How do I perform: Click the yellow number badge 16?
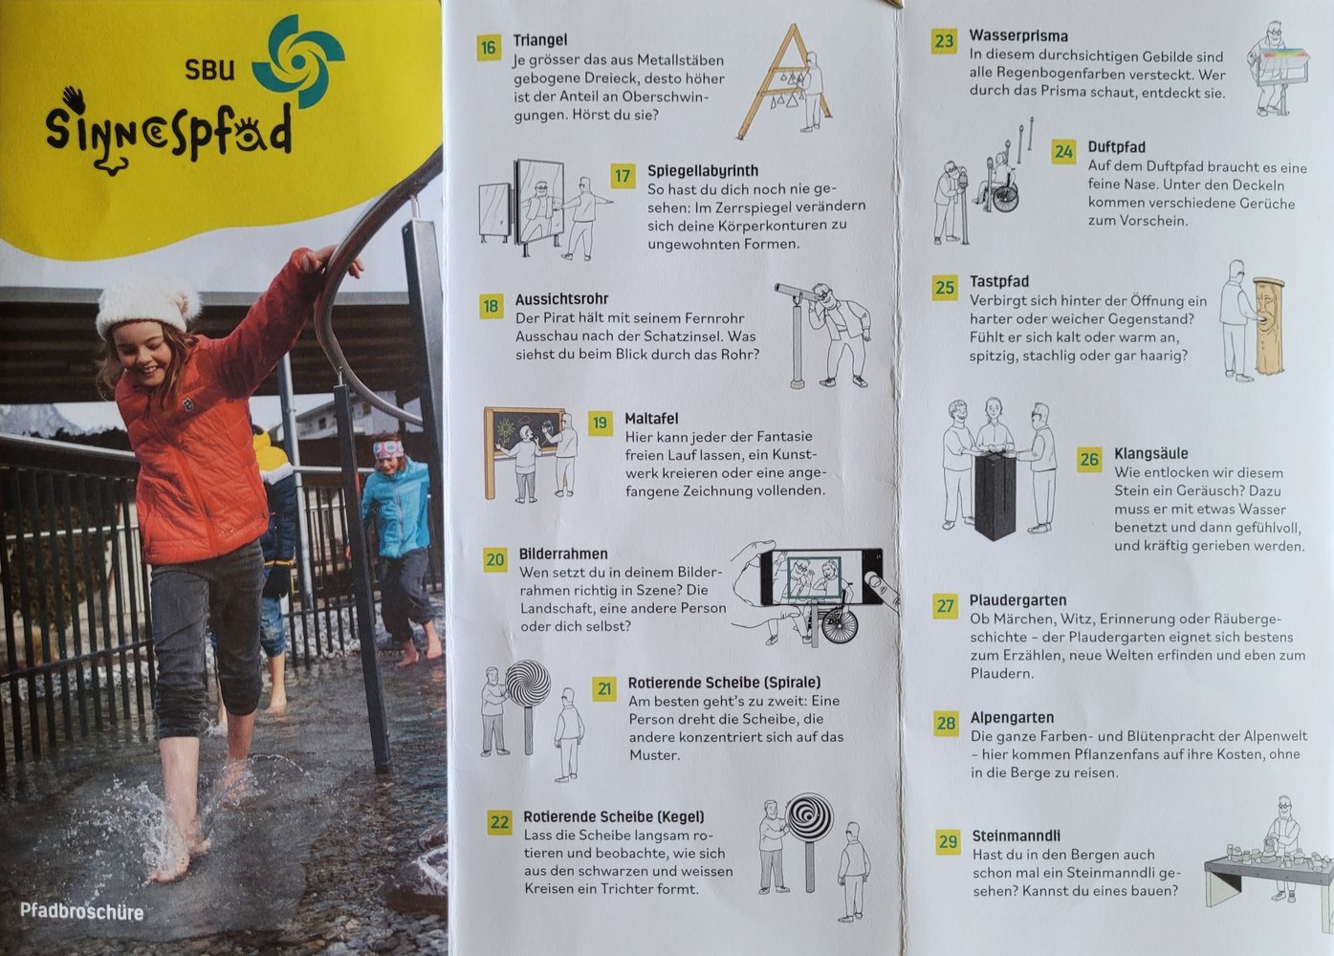point(489,48)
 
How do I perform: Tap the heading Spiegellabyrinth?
point(703,171)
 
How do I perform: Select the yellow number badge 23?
point(944,41)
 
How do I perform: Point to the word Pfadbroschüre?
point(81,911)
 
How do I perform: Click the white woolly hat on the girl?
point(146,307)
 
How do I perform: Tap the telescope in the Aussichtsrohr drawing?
point(798,293)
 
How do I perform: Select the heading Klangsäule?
point(1151,453)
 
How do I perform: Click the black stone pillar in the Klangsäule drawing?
point(995,495)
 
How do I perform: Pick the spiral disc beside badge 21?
point(528,684)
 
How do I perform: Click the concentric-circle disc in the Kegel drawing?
point(809,816)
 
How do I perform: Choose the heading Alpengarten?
point(1012,718)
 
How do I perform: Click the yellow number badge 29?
point(948,841)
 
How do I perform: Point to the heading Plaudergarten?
point(1017,600)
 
